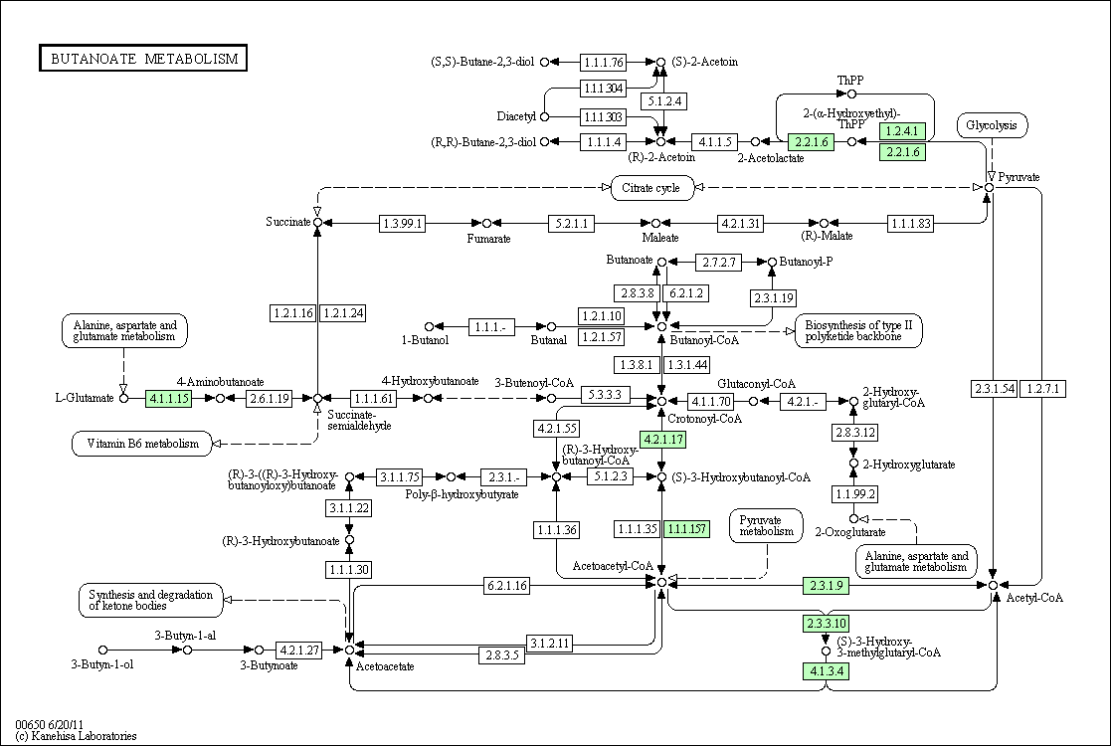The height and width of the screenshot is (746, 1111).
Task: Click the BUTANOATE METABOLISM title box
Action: click(x=143, y=58)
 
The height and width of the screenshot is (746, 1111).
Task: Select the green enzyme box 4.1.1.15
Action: click(x=169, y=398)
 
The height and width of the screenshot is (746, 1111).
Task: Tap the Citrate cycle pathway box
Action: click(x=651, y=188)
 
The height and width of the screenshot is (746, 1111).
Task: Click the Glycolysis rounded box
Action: click(x=992, y=125)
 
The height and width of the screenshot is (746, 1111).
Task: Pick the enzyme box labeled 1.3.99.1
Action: click(x=403, y=224)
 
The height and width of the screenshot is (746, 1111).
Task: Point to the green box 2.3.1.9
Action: click(x=827, y=585)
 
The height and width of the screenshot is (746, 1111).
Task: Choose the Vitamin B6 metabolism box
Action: click(x=143, y=444)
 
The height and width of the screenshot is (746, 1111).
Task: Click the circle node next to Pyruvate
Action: click(x=989, y=186)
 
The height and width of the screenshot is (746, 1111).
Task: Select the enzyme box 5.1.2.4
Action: click(x=663, y=101)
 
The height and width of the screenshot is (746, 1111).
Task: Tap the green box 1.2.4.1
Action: click(x=903, y=130)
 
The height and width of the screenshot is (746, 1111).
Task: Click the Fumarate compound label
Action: click(x=488, y=239)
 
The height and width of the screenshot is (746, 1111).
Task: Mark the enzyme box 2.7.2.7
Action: click(x=718, y=263)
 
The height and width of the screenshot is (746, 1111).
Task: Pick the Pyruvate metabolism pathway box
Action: click(x=767, y=525)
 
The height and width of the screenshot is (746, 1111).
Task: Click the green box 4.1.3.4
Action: click(x=827, y=670)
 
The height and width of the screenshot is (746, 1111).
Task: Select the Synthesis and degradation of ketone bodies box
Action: click(x=151, y=600)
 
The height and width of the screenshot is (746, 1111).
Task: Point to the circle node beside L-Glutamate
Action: click(x=124, y=398)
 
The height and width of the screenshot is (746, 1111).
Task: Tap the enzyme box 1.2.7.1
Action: click(x=1043, y=388)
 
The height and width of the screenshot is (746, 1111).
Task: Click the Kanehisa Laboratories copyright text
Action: click(x=76, y=736)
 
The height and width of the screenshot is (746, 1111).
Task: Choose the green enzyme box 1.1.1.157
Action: click(x=686, y=528)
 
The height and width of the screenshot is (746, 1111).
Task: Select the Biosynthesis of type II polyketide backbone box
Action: click(x=858, y=331)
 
